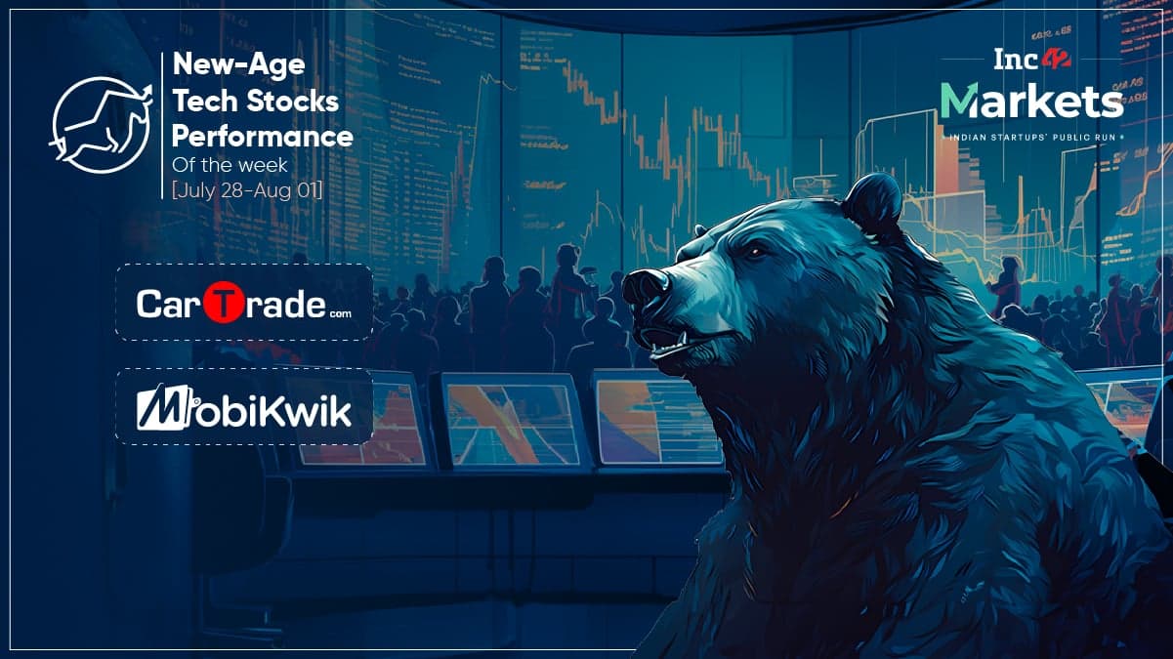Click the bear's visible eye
click(x=755, y=253)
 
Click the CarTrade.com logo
click(x=244, y=303)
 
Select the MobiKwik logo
click(x=244, y=407)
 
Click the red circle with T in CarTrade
click(x=224, y=303)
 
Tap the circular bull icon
click(x=102, y=126)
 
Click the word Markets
click(x=1031, y=101)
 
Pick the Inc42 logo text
click(x=1031, y=60)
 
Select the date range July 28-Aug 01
click(x=247, y=189)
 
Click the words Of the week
click(x=230, y=165)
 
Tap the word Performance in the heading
click(x=263, y=137)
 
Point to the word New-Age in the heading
click(x=238, y=64)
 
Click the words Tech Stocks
click(x=256, y=101)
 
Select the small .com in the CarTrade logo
click(x=341, y=314)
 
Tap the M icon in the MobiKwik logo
click(x=163, y=407)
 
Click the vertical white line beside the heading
click(x=162, y=126)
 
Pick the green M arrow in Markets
click(x=959, y=101)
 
